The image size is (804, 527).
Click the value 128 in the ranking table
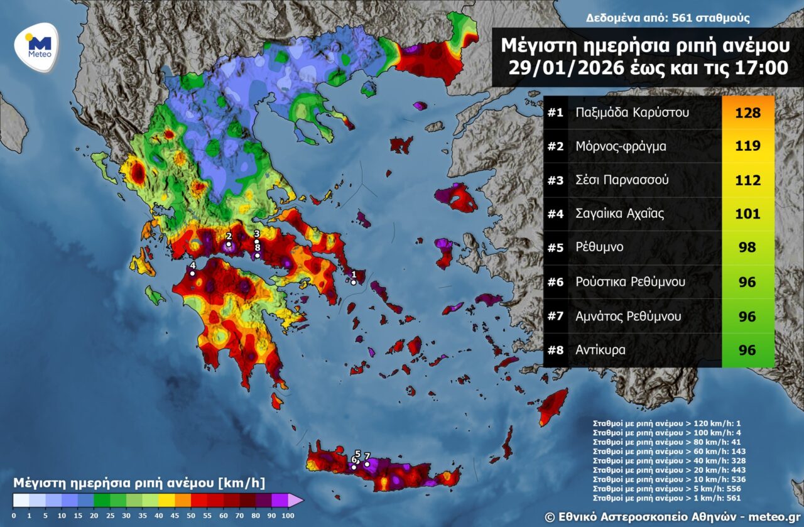pyautogui.click(x=747, y=113)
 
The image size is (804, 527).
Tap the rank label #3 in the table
pyautogui.click(x=555, y=180)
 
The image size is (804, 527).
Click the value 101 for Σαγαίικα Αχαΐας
pyautogui.click(x=747, y=214)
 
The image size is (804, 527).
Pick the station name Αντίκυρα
pyautogui.click(x=600, y=350)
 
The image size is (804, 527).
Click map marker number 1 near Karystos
pyautogui.click(x=354, y=282)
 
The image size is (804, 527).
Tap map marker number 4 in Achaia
pyautogui.click(x=192, y=273)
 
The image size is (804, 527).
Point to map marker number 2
pyautogui.click(x=229, y=244)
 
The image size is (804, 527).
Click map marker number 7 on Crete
pyautogui.click(x=367, y=464)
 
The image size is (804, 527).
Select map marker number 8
pyautogui.click(x=257, y=254)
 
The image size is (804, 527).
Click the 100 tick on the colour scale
pyautogui.click(x=288, y=515)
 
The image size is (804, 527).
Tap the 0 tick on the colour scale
pyautogui.click(x=14, y=515)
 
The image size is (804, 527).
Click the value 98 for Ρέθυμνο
pyautogui.click(x=747, y=247)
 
